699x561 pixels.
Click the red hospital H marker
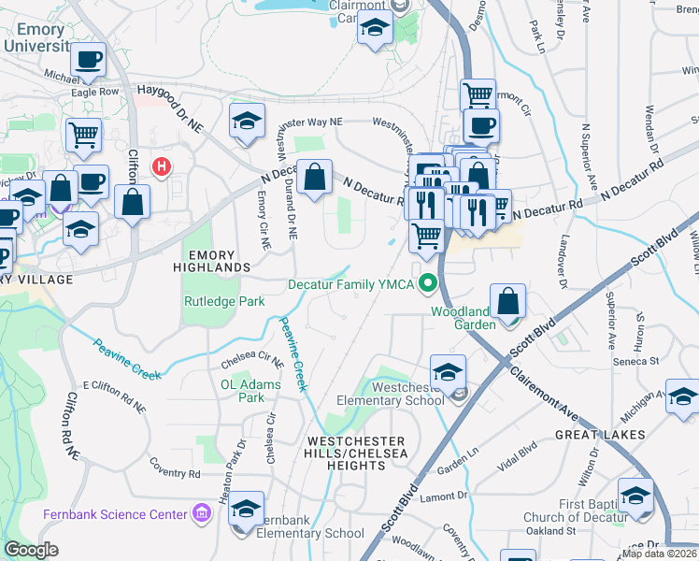coord(163,167)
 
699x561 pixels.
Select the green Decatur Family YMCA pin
coord(429,281)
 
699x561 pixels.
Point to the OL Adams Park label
coord(243,390)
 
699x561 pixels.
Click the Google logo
coord(32,550)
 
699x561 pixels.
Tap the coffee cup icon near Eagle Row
coord(89,60)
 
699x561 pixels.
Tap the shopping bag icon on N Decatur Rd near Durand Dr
coord(315,175)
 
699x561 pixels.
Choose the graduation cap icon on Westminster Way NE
coord(247,121)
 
